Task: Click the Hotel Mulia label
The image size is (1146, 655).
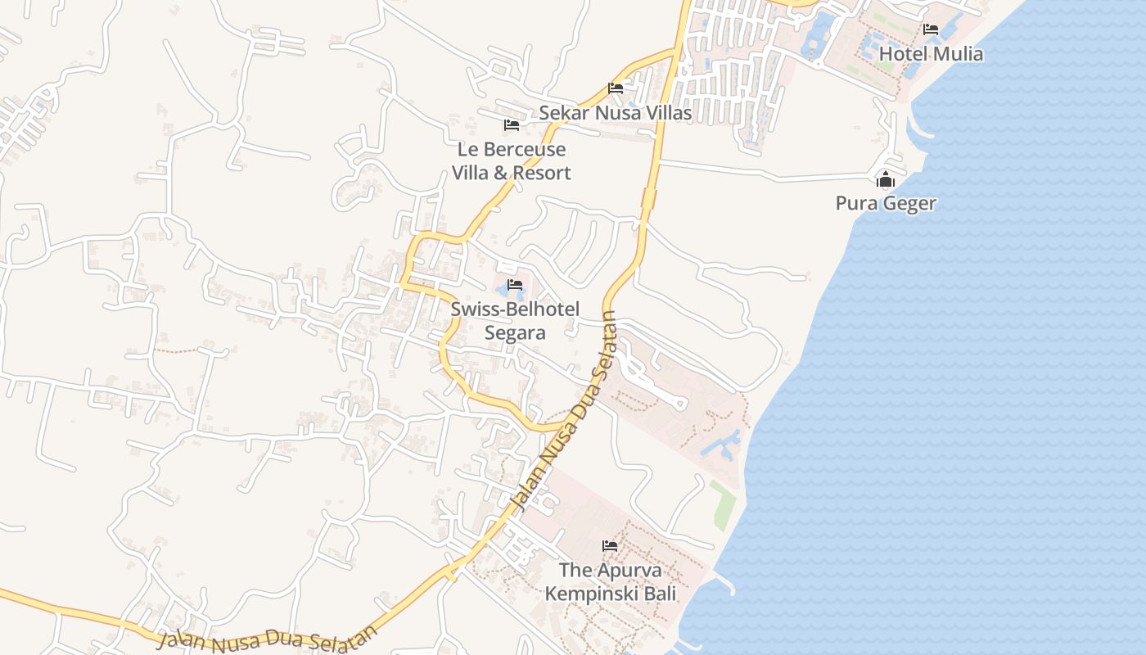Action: (931, 54)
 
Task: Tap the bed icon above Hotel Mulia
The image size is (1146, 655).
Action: (931, 29)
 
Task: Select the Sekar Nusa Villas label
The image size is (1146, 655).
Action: (615, 113)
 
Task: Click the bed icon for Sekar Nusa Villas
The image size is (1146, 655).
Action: (616, 88)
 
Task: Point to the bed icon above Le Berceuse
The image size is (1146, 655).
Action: (512, 125)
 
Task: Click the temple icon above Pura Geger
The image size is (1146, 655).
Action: (886, 179)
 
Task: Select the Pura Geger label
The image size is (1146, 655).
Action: (886, 203)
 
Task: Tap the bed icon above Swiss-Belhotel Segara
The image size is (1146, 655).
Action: (515, 285)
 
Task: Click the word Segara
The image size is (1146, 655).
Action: (515, 332)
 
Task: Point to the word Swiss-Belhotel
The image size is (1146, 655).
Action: (515, 309)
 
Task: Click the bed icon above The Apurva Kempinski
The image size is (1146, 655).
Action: (610, 545)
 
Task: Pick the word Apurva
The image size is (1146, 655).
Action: (631, 570)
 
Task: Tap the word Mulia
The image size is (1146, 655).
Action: (957, 54)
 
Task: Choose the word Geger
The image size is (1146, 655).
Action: (909, 203)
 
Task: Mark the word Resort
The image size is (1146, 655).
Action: (544, 174)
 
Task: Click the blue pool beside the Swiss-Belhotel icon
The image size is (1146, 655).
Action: (502, 291)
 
